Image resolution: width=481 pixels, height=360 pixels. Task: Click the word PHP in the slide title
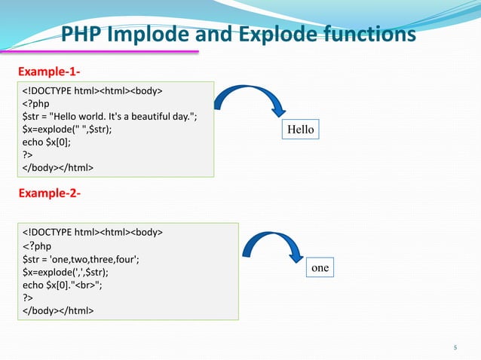[x=83, y=35]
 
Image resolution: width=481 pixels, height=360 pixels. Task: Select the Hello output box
[x=300, y=130]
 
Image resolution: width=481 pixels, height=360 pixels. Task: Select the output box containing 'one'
[x=320, y=267]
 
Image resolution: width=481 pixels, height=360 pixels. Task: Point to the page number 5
[x=455, y=347]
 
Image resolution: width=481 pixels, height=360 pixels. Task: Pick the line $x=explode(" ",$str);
[x=70, y=130]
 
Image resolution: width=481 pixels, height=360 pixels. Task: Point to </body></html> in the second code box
[x=58, y=310]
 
